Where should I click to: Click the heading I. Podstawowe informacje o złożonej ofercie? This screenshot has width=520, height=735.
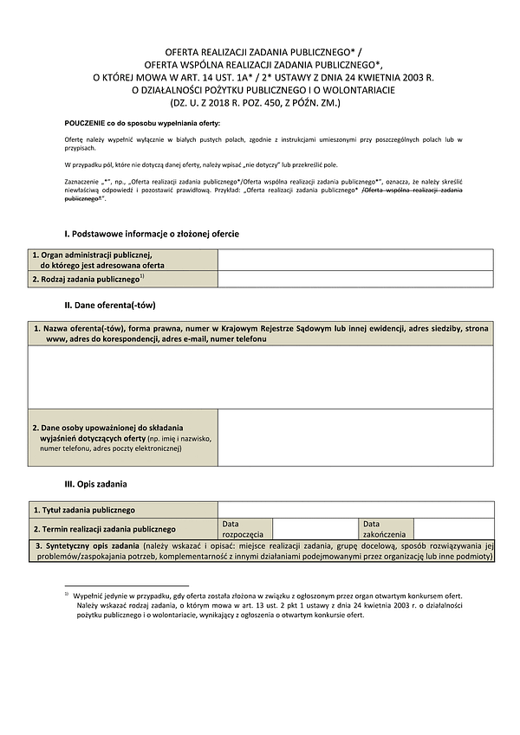[x=152, y=234]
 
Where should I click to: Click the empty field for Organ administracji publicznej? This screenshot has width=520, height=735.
[x=355, y=260]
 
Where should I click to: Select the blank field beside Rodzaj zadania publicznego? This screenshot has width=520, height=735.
[x=355, y=279]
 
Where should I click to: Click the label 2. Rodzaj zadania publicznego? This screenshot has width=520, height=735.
[x=87, y=279]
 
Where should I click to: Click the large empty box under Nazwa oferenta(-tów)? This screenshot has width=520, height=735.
[x=260, y=377]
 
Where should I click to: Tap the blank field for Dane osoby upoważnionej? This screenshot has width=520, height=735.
[x=355, y=437]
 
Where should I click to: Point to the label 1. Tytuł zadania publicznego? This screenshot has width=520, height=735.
[x=83, y=510]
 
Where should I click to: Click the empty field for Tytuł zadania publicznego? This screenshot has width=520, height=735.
[x=355, y=510]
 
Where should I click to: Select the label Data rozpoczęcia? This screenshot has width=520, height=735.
[x=243, y=529]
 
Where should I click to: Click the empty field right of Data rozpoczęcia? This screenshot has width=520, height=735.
[x=314, y=529]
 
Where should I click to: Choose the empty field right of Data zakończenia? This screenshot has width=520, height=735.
[x=453, y=529]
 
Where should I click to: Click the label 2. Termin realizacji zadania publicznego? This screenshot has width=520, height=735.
[x=104, y=529]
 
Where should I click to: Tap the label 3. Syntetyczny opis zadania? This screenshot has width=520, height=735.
[x=87, y=546]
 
